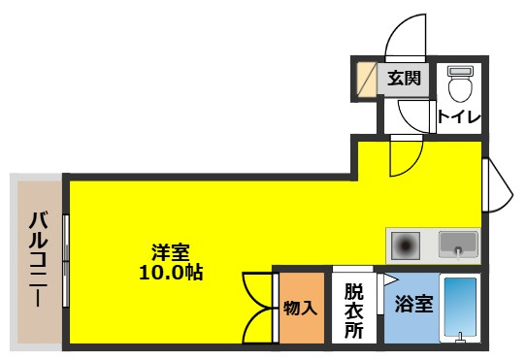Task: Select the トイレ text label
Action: pos(458,117)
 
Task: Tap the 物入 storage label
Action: pos(300,310)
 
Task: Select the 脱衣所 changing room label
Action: pos(353,310)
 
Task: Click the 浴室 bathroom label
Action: pos(413,303)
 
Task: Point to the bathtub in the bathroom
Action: pos(459,309)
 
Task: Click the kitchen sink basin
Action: pos(458,243)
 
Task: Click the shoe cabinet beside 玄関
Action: pos(365,79)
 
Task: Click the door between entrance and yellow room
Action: pos(406,155)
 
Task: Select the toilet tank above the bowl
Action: pos(459,71)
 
